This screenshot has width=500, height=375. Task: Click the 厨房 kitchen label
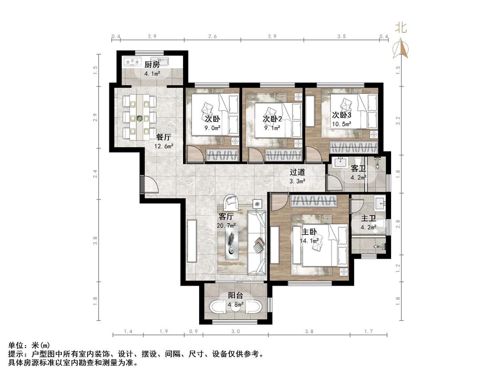click(152, 65)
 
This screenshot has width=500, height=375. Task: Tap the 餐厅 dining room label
click(164, 137)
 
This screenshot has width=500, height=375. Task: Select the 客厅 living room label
click(226, 217)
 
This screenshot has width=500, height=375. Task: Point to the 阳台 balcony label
click(236, 296)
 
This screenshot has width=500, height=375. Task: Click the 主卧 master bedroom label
click(309, 232)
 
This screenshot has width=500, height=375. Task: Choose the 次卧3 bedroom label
click(341, 115)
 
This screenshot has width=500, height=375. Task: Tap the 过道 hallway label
click(297, 172)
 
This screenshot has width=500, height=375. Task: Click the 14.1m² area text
click(309, 241)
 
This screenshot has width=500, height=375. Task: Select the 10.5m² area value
click(341, 124)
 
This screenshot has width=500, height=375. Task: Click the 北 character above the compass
click(401, 28)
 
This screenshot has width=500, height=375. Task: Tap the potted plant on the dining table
click(140, 118)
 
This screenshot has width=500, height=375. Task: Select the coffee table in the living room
click(232, 241)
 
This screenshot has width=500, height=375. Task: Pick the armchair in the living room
click(231, 202)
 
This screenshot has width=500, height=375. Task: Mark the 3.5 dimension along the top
click(341, 36)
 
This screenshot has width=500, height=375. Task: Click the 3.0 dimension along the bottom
click(236, 331)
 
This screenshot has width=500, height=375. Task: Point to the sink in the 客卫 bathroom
click(340, 162)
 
